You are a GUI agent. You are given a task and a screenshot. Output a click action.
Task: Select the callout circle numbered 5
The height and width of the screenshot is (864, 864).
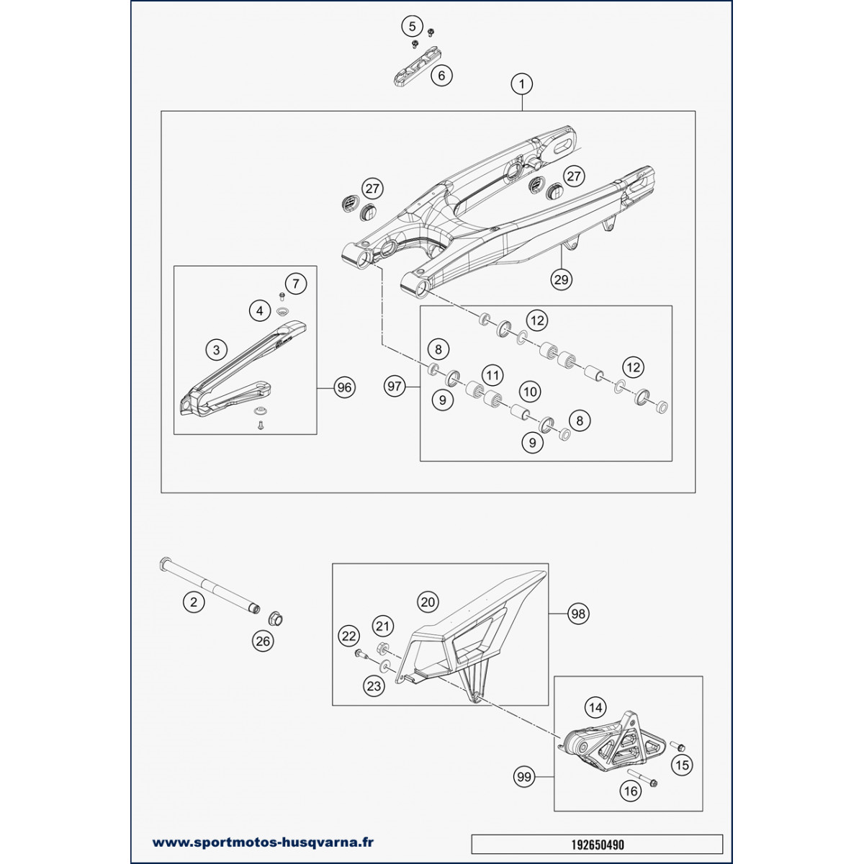[413, 27]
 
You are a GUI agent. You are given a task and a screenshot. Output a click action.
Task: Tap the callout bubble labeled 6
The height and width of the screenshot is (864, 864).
[441, 75]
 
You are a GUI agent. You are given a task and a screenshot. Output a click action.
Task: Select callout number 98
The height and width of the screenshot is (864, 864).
[578, 613]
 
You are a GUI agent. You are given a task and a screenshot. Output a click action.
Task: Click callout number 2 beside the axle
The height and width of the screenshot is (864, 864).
[193, 602]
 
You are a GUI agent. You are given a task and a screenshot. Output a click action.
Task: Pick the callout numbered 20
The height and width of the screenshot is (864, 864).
[428, 602]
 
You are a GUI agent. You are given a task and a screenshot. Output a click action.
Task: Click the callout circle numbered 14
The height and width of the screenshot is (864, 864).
[595, 708]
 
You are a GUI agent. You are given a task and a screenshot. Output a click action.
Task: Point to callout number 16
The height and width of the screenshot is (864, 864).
[630, 791]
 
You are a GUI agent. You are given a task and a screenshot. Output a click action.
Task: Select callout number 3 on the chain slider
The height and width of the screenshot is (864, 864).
[215, 351]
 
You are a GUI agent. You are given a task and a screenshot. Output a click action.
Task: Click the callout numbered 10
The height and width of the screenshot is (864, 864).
[530, 392]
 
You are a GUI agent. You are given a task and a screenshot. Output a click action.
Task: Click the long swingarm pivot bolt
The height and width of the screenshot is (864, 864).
[209, 588]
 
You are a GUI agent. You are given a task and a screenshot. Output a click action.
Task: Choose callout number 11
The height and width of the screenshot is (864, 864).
[492, 375]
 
